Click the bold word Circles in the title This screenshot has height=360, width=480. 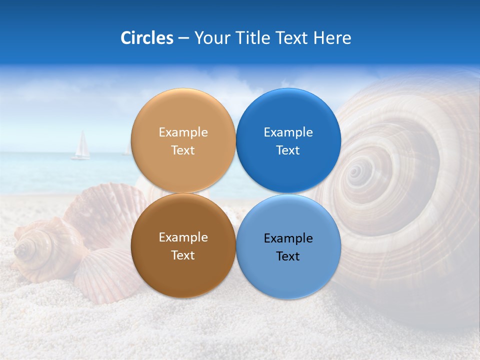[146, 38]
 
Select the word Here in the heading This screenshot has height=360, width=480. [332, 38]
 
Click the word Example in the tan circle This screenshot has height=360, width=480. [183, 132]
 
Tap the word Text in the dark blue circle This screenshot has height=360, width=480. [288, 150]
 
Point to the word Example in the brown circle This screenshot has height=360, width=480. [183, 237]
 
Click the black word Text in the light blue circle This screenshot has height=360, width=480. [288, 256]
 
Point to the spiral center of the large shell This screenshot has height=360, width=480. [355, 172]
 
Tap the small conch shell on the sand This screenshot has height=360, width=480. [42, 247]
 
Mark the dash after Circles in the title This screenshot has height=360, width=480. [183, 38]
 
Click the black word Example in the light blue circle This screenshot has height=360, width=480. [288, 238]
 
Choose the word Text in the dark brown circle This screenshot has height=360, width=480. [183, 255]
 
